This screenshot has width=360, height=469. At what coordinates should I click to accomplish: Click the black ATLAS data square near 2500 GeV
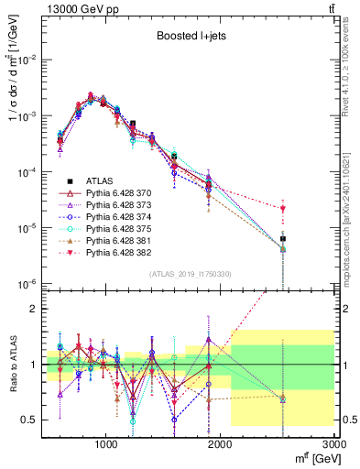[283, 238]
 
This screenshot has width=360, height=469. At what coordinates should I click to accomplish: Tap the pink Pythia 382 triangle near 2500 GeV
[283, 209]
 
